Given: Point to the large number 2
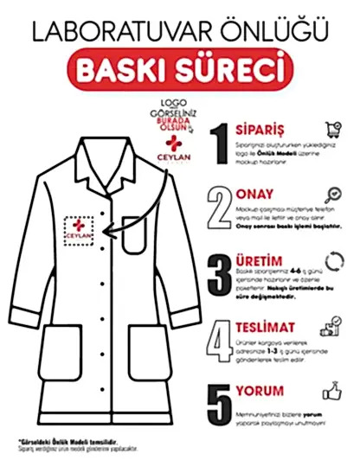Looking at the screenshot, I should click(x=220, y=206).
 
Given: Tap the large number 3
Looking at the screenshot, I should click(x=220, y=272).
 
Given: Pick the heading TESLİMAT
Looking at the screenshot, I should click(x=264, y=327).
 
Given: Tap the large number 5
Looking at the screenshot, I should click(x=220, y=402).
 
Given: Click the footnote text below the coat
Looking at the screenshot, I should click(x=69, y=444).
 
